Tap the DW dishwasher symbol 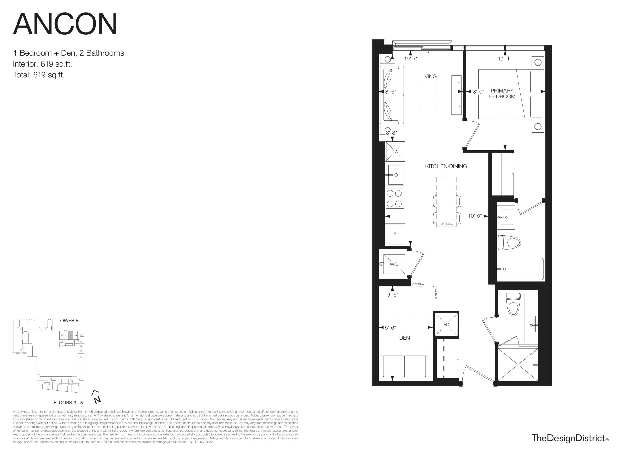click(x=395, y=151)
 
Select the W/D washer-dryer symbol click(x=394, y=264)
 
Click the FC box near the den click(x=446, y=325)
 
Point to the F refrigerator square click(x=395, y=234)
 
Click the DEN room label click(x=405, y=338)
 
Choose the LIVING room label click(x=428, y=77)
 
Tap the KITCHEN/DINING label click(x=446, y=166)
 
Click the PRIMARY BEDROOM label click(x=502, y=94)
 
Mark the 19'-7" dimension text click(x=411, y=59)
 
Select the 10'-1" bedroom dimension click(x=504, y=59)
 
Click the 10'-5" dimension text click(x=475, y=216)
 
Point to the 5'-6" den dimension click(x=390, y=328)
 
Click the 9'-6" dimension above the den click(x=392, y=295)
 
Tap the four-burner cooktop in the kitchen click(x=395, y=198)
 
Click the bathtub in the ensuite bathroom click(x=520, y=269)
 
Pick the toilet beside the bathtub click(x=509, y=243)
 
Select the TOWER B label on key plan click(x=68, y=320)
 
